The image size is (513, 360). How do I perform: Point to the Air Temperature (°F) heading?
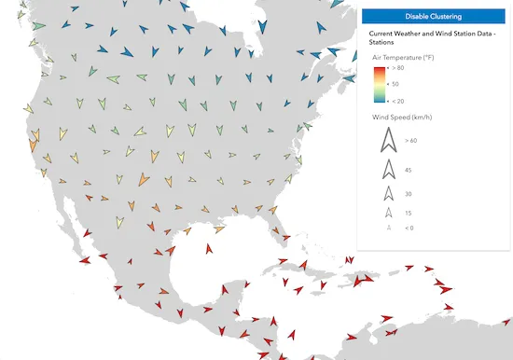click(404, 58)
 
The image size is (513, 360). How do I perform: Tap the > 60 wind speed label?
click(411, 140)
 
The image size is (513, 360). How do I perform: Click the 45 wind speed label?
click(409, 170)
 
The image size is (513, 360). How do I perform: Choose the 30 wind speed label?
click(409, 194)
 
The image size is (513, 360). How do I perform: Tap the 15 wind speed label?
click(409, 214)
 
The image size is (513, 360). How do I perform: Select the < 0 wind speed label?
click(409, 228)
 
